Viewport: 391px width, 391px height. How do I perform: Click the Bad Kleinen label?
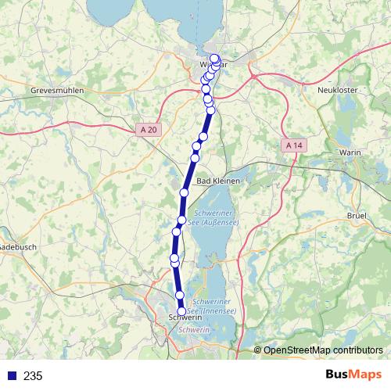[x=218, y=181]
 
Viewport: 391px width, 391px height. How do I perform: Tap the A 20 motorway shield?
[x=148, y=130]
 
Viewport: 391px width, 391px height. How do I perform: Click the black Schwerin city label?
[x=185, y=318]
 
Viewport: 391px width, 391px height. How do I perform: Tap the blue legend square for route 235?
[x=11, y=376]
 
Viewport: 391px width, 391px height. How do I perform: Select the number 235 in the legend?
[x=33, y=376]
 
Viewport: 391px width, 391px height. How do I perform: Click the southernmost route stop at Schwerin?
[x=181, y=311]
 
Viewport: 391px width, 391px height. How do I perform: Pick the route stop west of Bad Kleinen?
[x=185, y=192]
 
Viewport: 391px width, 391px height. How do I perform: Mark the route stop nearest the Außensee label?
[x=181, y=221]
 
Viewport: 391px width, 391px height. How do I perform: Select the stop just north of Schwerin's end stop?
[x=180, y=295]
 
